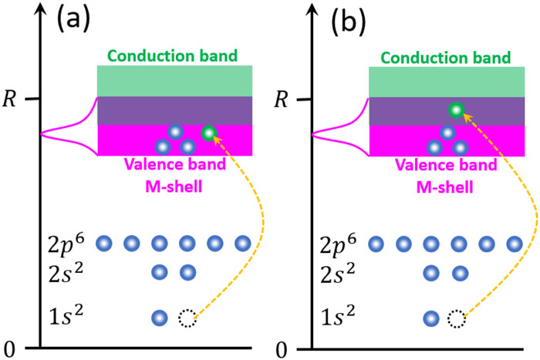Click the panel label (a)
(73, 20)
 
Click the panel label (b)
(348, 22)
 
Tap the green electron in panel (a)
(209, 133)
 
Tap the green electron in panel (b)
(457, 110)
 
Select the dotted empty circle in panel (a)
(187, 318)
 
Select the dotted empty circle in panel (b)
(457, 318)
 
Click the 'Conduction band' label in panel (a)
(173, 56)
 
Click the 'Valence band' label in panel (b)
(446, 165)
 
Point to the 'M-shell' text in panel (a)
(174, 187)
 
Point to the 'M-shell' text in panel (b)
(445, 187)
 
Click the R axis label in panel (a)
(9, 99)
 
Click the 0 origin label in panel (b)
(281, 350)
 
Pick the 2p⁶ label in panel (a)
(66, 244)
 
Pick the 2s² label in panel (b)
(338, 274)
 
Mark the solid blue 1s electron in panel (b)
(431, 318)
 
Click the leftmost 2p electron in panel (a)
(104, 244)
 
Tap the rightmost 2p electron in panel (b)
(515, 244)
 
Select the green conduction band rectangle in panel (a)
(174, 81)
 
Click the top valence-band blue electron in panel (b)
(447, 133)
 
